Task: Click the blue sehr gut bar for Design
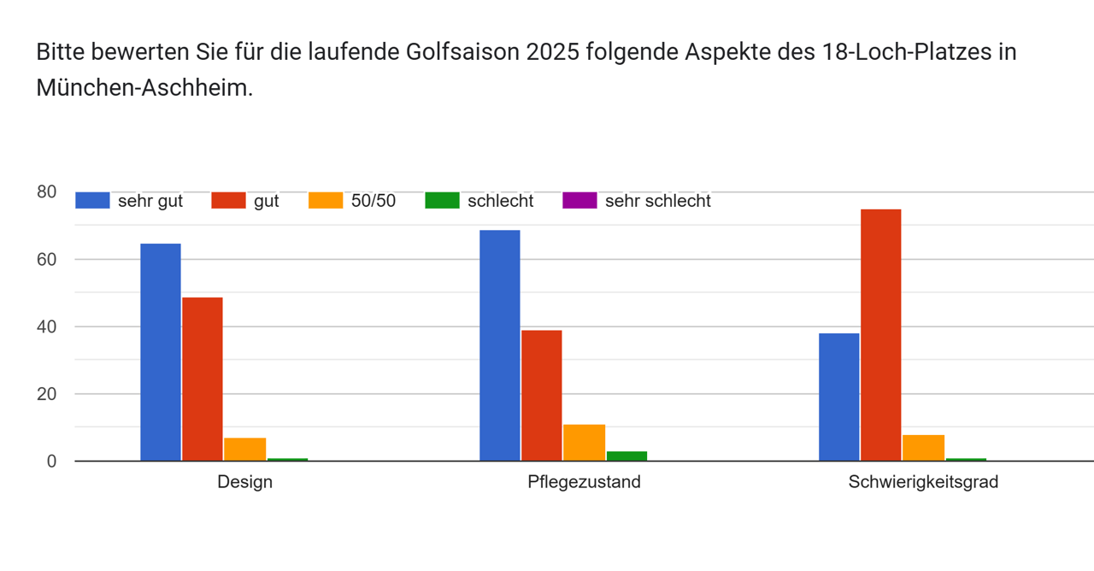tap(161, 352)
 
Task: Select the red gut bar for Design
tap(203, 379)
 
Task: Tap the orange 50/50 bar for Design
tap(244, 450)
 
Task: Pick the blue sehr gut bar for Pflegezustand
tap(499, 345)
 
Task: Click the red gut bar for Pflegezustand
tap(541, 395)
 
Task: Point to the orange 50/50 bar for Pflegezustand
tap(584, 443)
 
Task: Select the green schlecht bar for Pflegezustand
tap(626, 456)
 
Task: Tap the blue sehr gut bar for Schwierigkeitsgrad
tap(838, 397)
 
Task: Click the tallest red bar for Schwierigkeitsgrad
tap(880, 335)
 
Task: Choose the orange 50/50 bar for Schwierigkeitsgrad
tap(923, 448)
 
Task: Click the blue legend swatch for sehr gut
tap(92, 201)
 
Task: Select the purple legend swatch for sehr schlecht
tap(579, 201)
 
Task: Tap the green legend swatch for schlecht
tap(442, 201)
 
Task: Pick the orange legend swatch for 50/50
tap(326, 201)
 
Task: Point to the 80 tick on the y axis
tap(46, 191)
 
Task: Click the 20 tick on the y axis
tap(46, 394)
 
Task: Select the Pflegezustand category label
tap(584, 482)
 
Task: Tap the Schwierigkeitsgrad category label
tap(923, 482)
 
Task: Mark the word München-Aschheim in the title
tap(143, 87)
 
